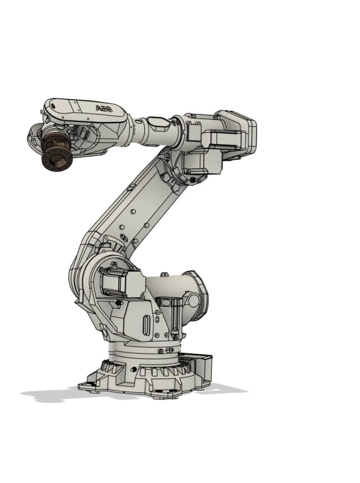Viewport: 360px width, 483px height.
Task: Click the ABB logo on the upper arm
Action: (x=104, y=108)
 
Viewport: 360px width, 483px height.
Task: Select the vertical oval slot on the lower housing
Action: (x=147, y=325)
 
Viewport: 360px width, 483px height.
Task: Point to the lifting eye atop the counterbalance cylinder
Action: (x=165, y=274)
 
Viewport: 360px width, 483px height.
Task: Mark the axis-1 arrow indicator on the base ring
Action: (x=169, y=350)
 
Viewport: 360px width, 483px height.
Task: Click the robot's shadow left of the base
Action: (x=46, y=394)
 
